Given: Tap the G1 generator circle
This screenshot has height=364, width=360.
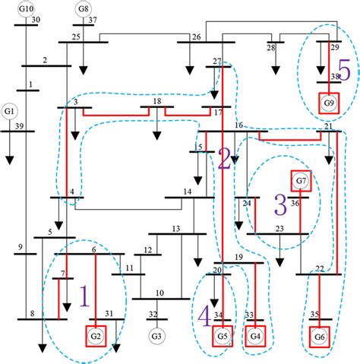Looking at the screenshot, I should tap(10, 110).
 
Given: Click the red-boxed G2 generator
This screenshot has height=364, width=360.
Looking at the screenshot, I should tap(96, 335).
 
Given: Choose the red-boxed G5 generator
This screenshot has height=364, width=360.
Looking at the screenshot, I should tap(222, 335).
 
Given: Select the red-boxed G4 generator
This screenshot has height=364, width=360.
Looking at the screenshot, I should tap(255, 335).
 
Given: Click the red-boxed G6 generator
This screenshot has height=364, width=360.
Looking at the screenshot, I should tap(319, 335).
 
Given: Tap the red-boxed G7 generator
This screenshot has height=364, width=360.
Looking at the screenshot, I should tap(301, 181).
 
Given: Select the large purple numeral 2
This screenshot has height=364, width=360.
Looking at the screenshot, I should tap(223, 158).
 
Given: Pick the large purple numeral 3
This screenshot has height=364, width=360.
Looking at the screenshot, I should tap(279, 204).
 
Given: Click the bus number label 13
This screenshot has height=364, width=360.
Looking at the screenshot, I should tap(176, 228).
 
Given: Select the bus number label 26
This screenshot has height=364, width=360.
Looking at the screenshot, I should tap(197, 37).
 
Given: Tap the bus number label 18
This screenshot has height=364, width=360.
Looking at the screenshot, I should tap(156, 101).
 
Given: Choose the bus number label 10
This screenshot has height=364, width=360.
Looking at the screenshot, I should tap(160, 293).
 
